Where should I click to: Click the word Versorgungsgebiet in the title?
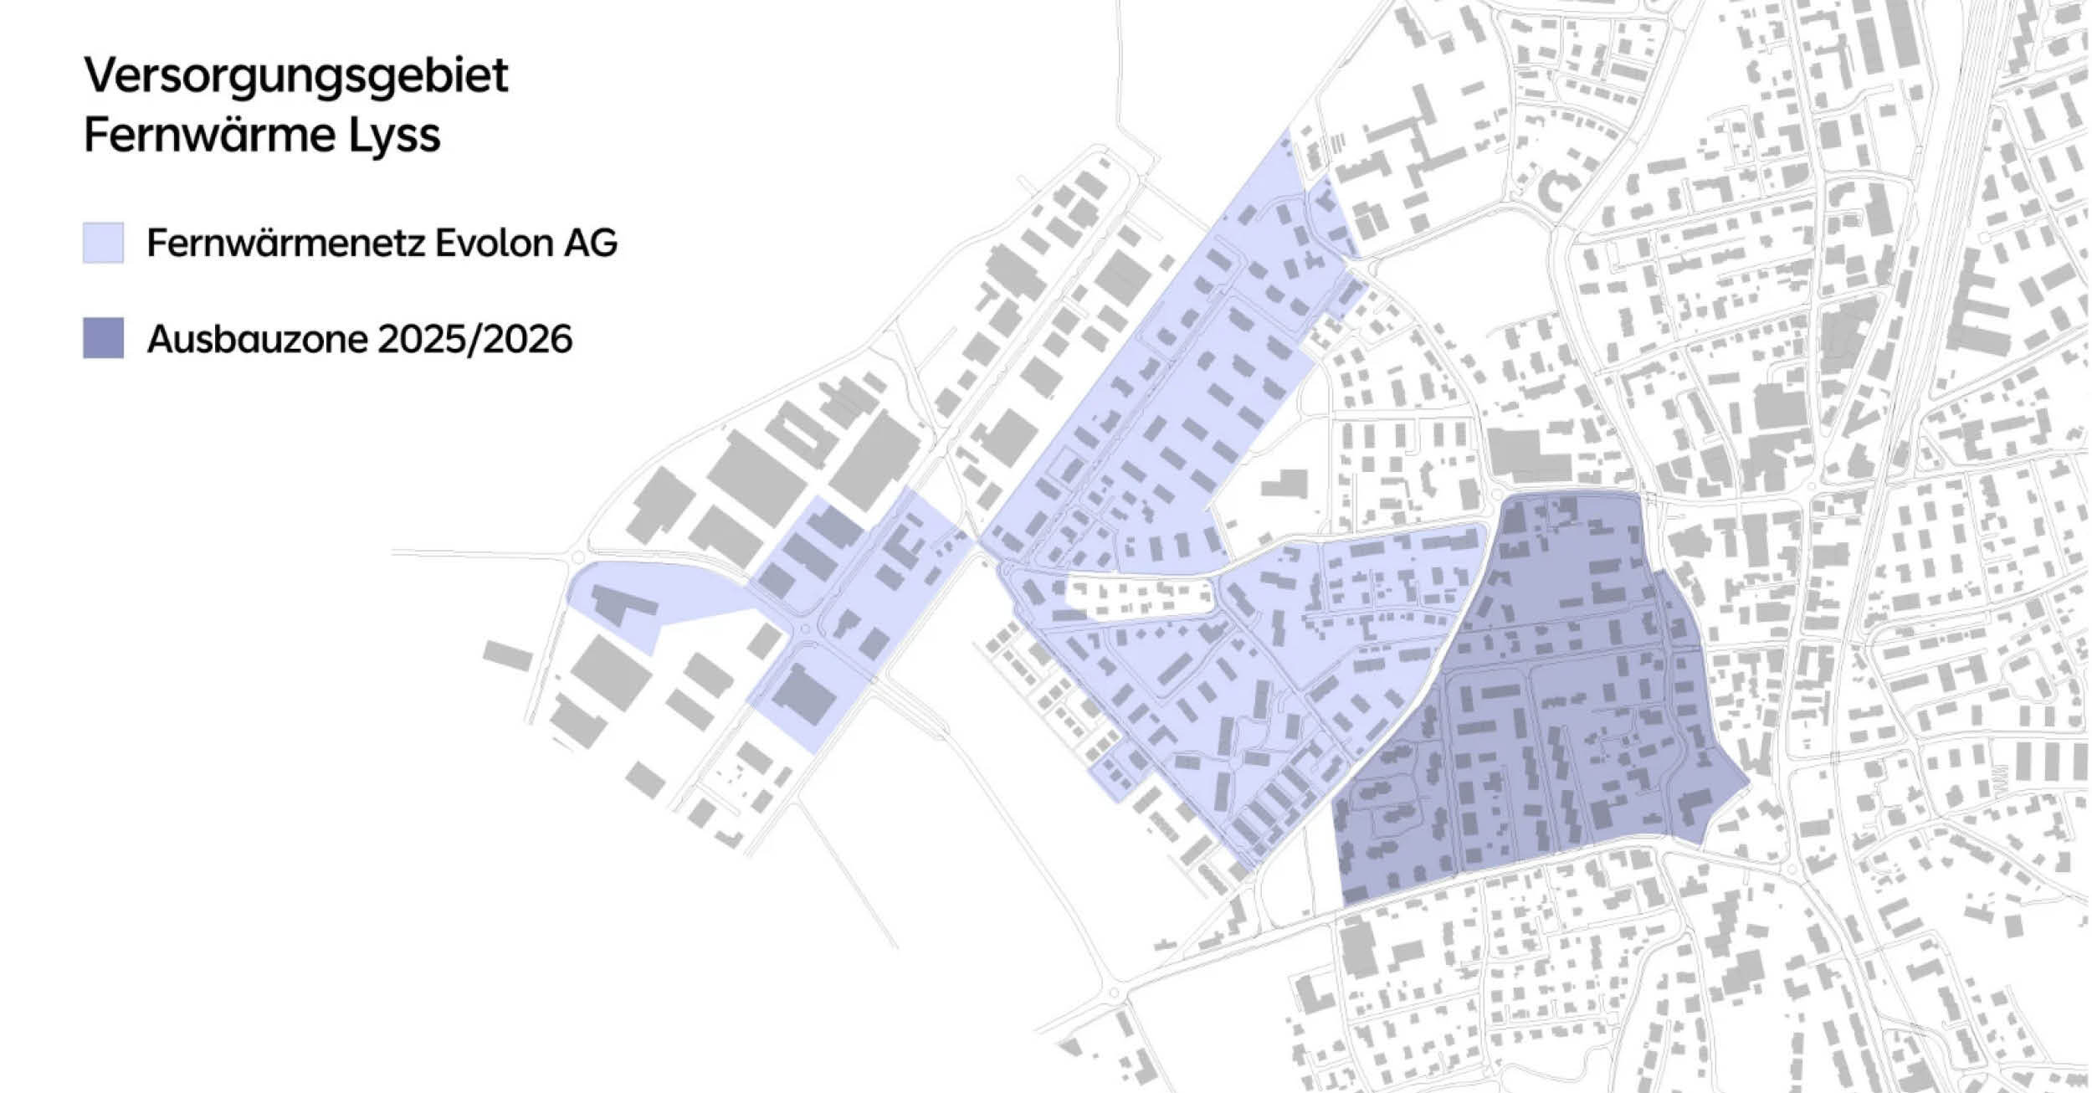(x=295, y=77)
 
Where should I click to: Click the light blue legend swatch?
(x=103, y=243)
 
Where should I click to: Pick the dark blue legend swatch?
(x=103, y=338)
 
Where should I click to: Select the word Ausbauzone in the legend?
(x=257, y=339)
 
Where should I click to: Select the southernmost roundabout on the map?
(x=1114, y=993)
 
